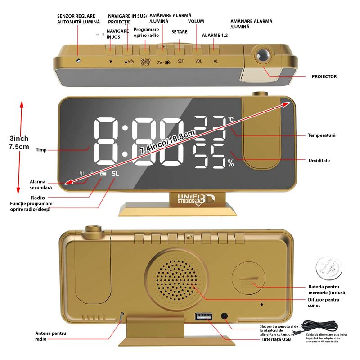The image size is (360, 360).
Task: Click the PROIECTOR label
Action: pyautogui.click(x=324, y=77)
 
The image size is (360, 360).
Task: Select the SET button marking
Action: pyautogui.click(x=180, y=61)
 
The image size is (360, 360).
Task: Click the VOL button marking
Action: pyautogui.click(x=198, y=61)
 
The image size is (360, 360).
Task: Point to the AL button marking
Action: pyautogui.click(x=216, y=61)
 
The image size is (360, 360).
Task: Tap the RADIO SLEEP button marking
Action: pyautogui.click(x=145, y=62)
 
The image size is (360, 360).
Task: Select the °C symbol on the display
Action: pyautogui.click(x=230, y=120)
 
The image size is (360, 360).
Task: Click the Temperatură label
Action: pyautogui.click(x=322, y=135)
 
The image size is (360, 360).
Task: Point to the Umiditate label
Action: pyautogui.click(x=319, y=161)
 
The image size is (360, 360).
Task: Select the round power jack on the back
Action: pyautogui.click(x=224, y=316)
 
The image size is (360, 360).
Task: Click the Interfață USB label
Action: pyautogui.click(x=276, y=339)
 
